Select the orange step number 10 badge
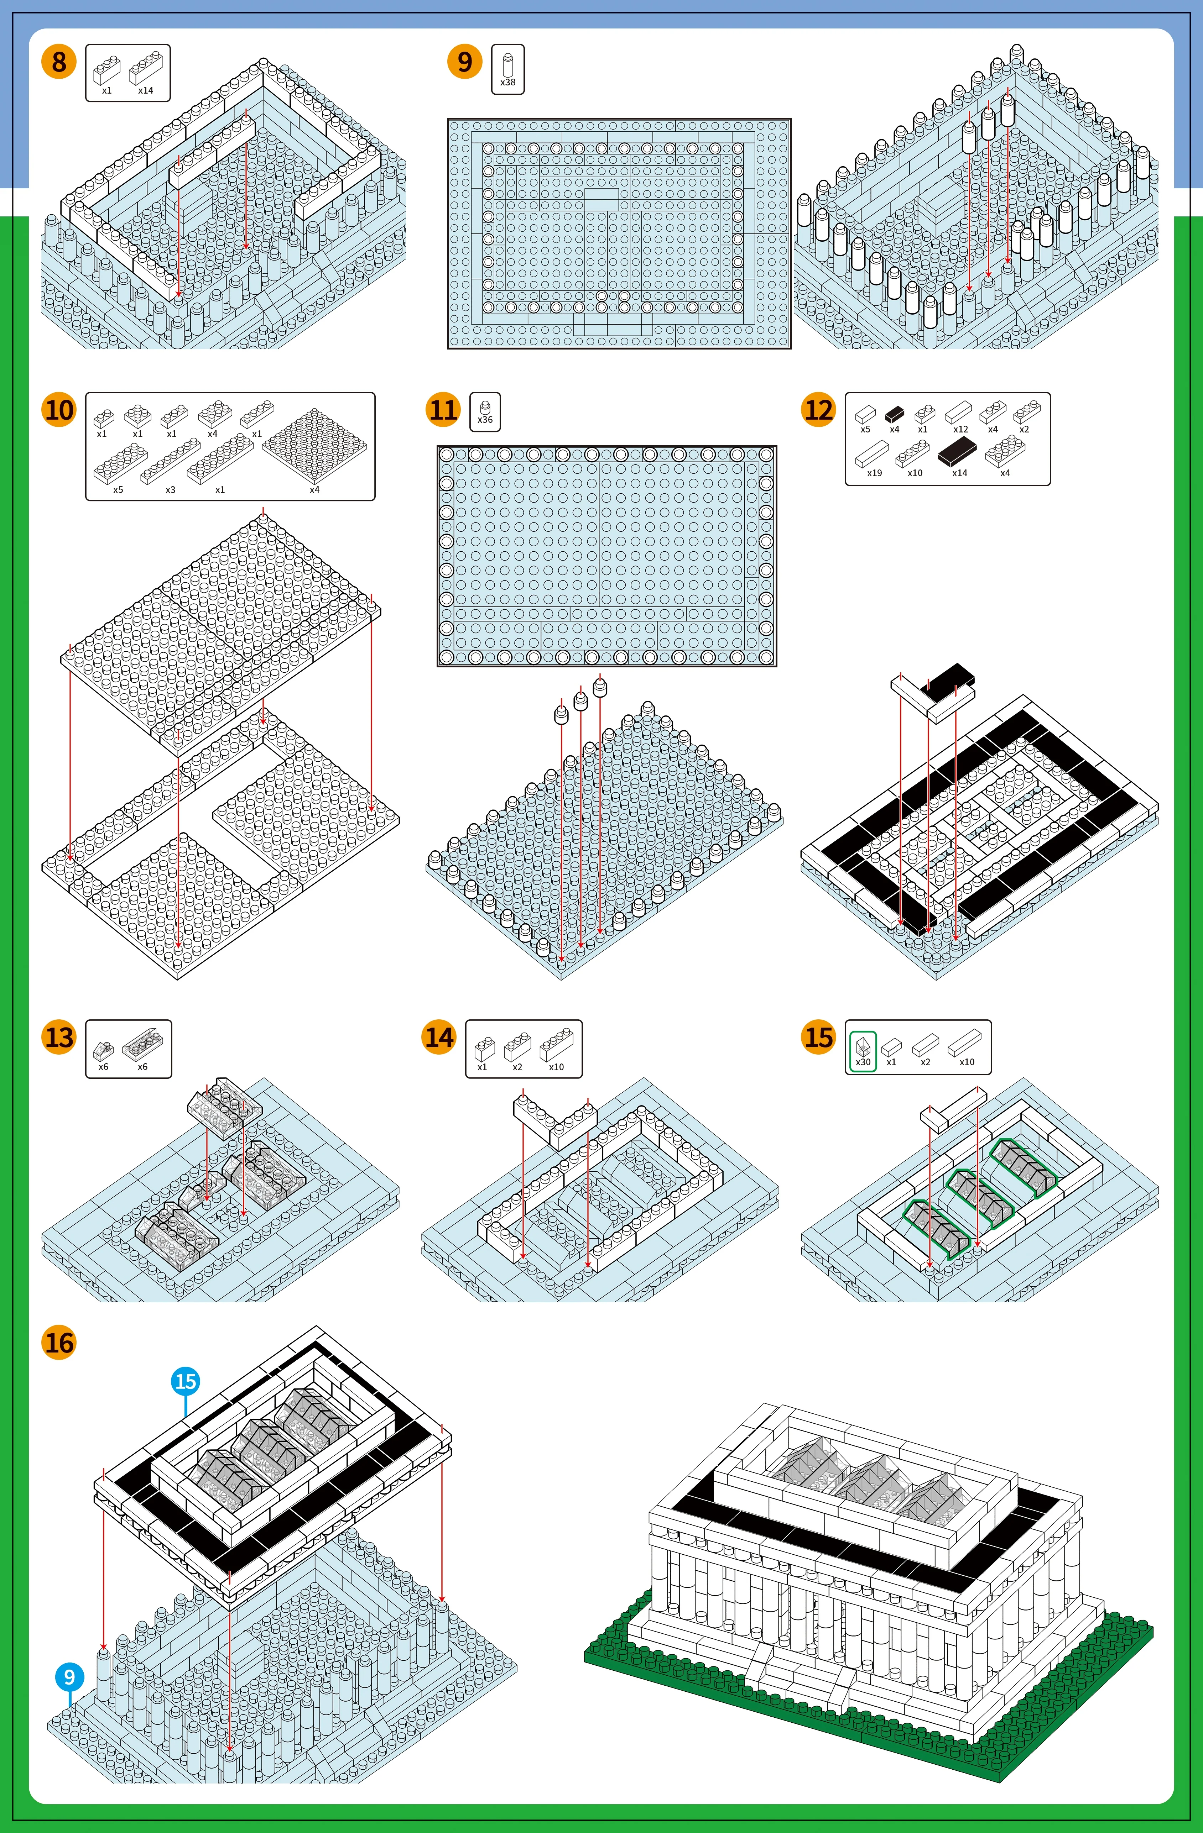pyautogui.click(x=59, y=410)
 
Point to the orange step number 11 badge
pyautogui.click(x=443, y=410)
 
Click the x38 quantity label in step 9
pyautogui.click(x=508, y=83)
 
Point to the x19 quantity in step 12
pyautogui.click(x=874, y=473)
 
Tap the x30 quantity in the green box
pyautogui.click(x=863, y=1062)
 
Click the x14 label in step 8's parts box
pyautogui.click(x=146, y=90)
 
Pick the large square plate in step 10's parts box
pyautogui.click(x=314, y=445)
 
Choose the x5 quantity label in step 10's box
pyautogui.click(x=118, y=490)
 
